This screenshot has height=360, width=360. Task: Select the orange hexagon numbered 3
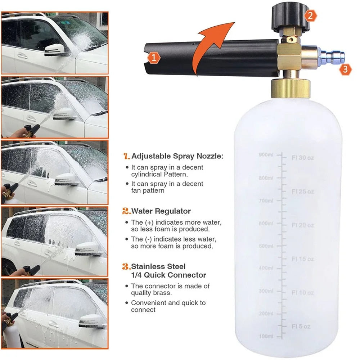click(x=345, y=69)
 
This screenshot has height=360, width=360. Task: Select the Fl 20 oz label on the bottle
click(x=303, y=225)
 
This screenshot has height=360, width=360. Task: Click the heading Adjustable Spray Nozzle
click(x=177, y=156)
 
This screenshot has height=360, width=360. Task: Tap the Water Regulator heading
click(x=161, y=211)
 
